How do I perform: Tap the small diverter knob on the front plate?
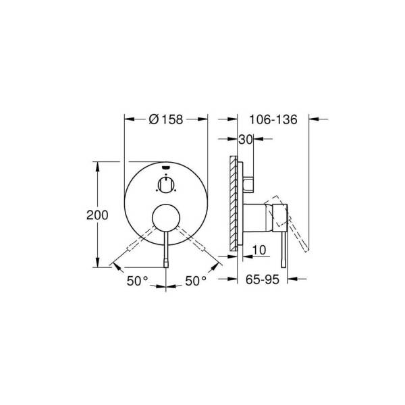(165, 184)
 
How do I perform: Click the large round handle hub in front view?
(165, 218)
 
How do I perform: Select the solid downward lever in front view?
(165, 250)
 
